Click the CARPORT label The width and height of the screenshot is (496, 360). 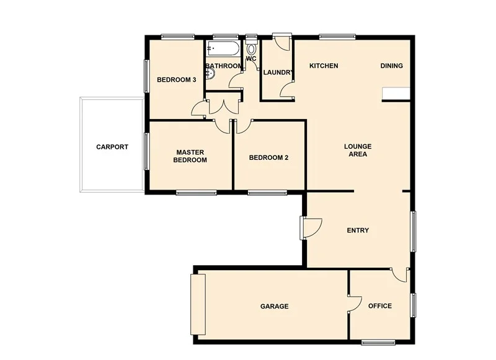(x=112, y=147)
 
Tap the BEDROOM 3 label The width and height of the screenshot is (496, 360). (x=177, y=80)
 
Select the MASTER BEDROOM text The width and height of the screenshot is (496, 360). (x=190, y=156)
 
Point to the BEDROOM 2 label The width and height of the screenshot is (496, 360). (x=268, y=157)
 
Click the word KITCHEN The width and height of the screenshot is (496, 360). (x=324, y=66)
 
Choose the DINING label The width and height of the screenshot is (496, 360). (x=391, y=66)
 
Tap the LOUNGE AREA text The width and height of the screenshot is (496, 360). (x=358, y=150)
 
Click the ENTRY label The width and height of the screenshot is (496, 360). (x=358, y=230)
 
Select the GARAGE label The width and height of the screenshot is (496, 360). (x=274, y=306)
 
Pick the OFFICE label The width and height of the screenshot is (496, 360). (x=380, y=306)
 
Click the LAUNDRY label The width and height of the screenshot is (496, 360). (x=277, y=72)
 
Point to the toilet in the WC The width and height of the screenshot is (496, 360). (x=251, y=48)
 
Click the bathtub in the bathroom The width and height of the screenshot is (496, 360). (x=221, y=48)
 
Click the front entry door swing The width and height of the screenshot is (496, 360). (x=312, y=228)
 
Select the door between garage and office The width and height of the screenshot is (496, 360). (x=355, y=304)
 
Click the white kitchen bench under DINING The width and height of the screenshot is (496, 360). (x=396, y=93)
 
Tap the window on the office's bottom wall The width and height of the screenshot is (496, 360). (x=378, y=341)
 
